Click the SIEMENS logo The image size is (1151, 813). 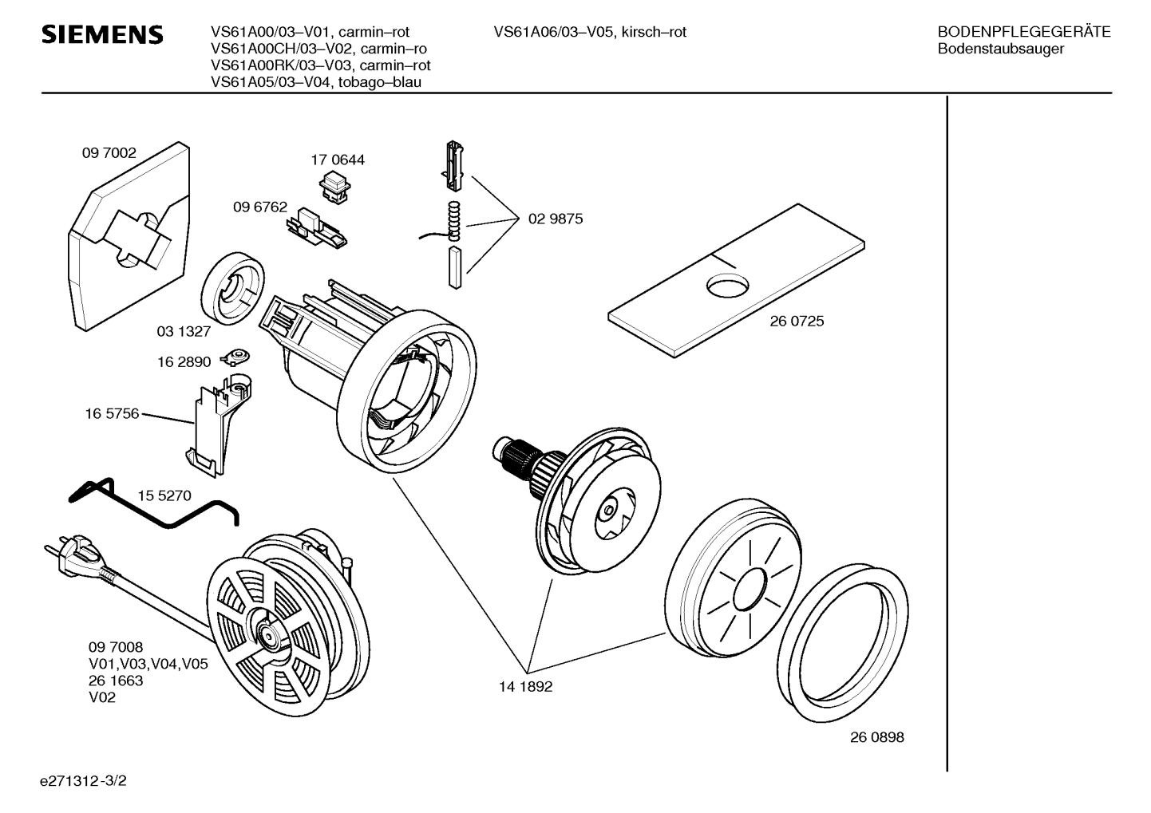(102, 35)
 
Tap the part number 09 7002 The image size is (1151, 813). (109, 153)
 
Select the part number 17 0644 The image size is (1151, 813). (338, 160)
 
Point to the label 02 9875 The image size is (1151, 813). (556, 219)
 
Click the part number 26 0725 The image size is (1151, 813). (797, 321)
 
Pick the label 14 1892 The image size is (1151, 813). (526, 687)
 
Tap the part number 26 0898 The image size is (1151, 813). (877, 737)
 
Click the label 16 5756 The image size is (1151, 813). (112, 413)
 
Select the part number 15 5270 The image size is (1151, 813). (164, 495)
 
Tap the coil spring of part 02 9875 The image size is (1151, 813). (453, 221)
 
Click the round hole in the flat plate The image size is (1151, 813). (728, 286)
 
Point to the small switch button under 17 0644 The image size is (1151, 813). (334, 187)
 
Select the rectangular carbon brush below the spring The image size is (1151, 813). (455, 267)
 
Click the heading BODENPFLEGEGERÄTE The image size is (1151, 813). (1024, 32)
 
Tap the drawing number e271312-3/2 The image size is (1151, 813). (83, 781)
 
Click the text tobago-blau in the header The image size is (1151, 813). (380, 82)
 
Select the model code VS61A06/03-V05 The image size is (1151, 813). (553, 32)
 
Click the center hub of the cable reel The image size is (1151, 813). (269, 635)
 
